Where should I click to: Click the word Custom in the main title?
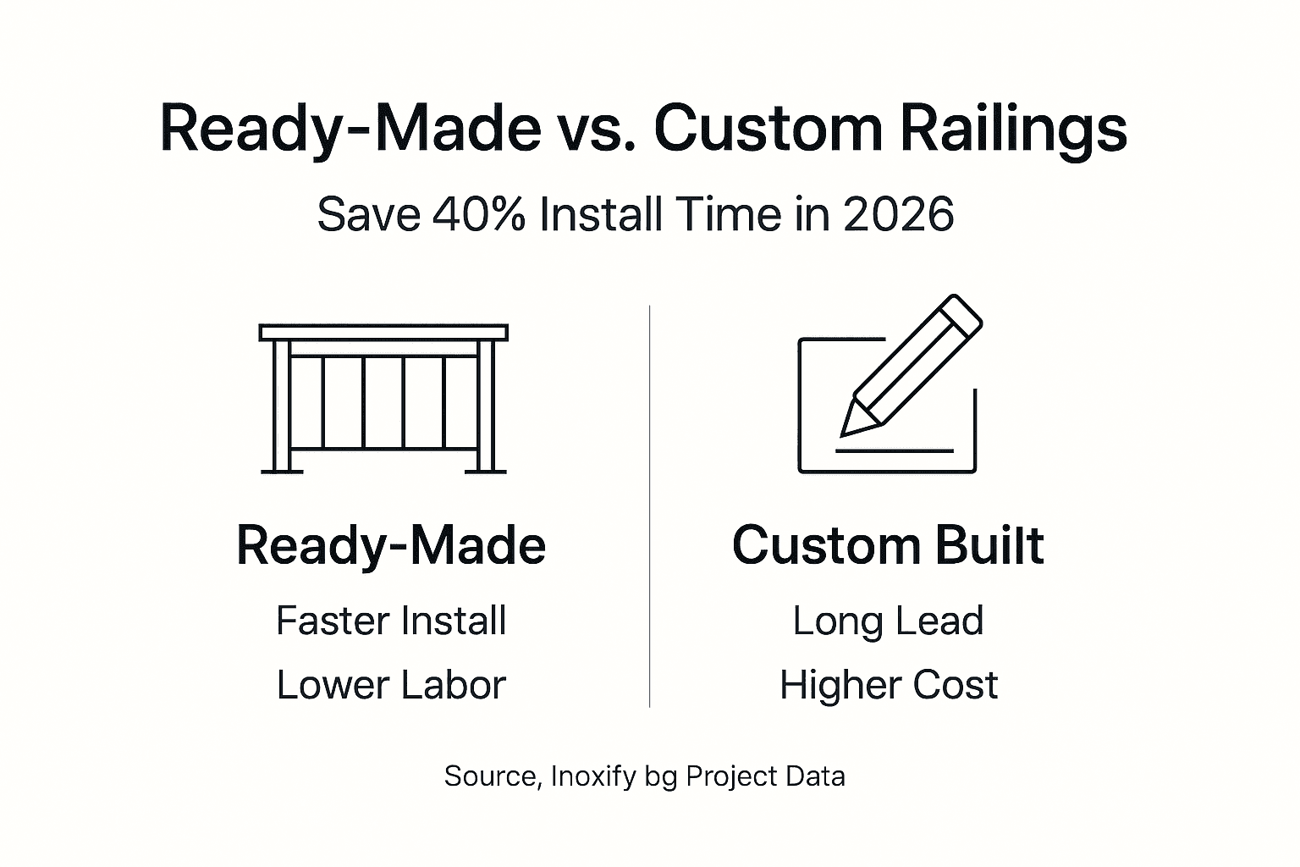click(767, 129)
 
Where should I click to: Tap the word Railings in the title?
click(1013, 130)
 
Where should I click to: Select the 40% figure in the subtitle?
click(479, 213)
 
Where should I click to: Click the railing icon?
click(383, 398)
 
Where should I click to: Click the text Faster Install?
click(391, 621)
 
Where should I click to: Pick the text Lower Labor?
click(391, 685)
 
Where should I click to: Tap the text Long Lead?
click(888, 621)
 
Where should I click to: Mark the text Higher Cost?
click(889, 685)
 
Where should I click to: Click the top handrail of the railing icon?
click(383, 332)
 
